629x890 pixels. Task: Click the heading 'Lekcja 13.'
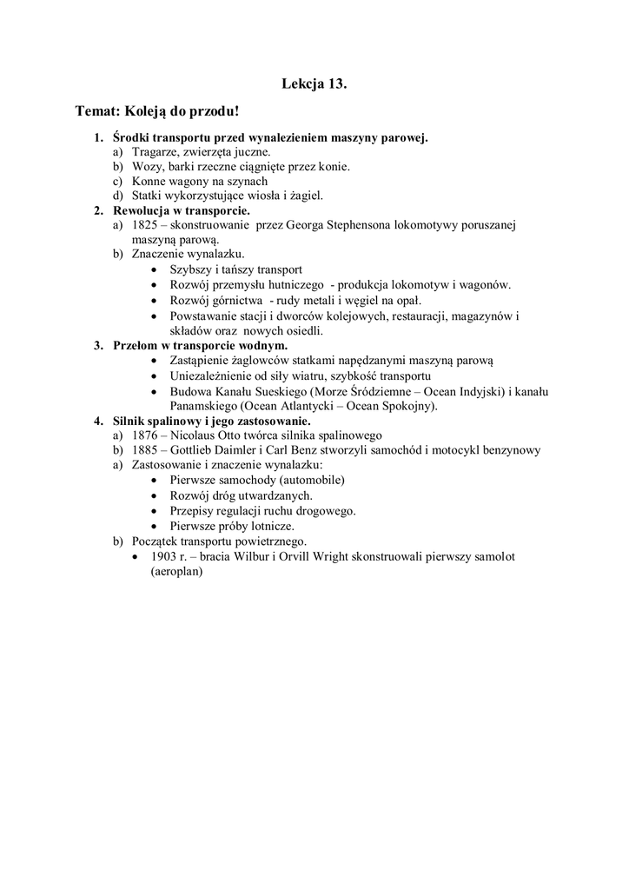[x=314, y=83]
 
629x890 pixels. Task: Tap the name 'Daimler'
[x=242, y=450]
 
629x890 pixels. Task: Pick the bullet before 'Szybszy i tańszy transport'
[x=154, y=270]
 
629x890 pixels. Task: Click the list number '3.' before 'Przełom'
[x=99, y=345]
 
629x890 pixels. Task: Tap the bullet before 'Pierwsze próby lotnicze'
[x=154, y=526]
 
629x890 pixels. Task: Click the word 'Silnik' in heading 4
[x=131, y=421]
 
